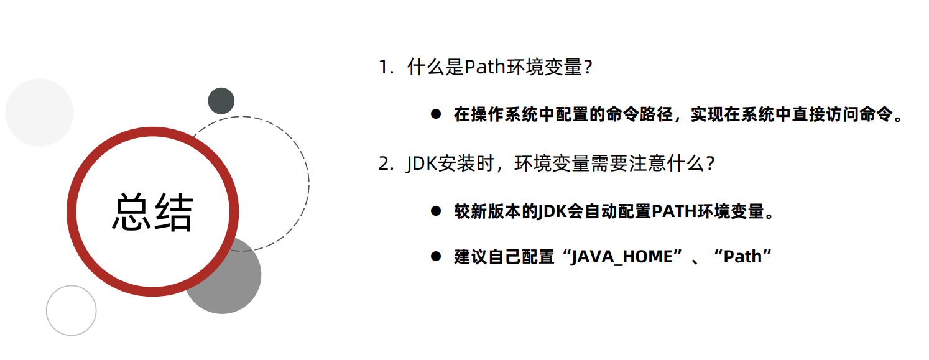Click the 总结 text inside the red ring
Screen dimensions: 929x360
coord(152,212)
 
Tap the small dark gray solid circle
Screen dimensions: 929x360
coord(221,101)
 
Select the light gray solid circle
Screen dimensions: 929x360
coord(39,113)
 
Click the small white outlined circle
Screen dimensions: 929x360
coord(71,310)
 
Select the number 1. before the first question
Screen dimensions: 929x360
coord(386,67)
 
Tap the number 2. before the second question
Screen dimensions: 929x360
coord(386,164)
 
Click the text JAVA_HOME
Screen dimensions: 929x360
coord(622,256)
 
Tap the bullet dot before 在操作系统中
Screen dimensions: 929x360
coord(436,114)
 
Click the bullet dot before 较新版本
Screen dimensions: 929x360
coord(436,211)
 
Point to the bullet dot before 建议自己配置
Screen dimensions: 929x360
coord(436,256)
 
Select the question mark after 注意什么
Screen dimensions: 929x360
coord(709,164)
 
